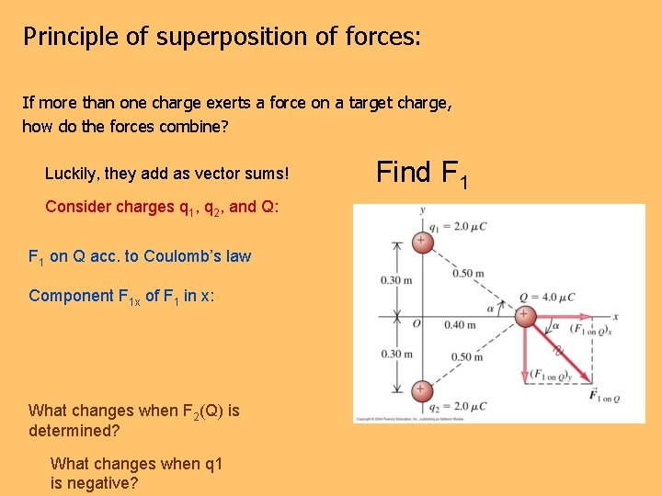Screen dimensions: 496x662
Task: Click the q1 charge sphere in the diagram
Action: click(421, 242)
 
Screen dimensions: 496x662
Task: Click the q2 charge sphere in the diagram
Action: click(421, 389)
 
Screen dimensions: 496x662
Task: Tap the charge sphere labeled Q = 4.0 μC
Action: click(523, 316)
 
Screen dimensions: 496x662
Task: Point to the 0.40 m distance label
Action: click(460, 324)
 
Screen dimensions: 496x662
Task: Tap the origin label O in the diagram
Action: click(416, 324)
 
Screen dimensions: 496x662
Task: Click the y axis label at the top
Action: click(422, 210)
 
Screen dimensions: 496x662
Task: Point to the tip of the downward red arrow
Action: click(524, 385)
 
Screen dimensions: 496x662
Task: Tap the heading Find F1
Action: click(422, 173)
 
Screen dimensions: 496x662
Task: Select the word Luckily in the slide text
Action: click(71, 174)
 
